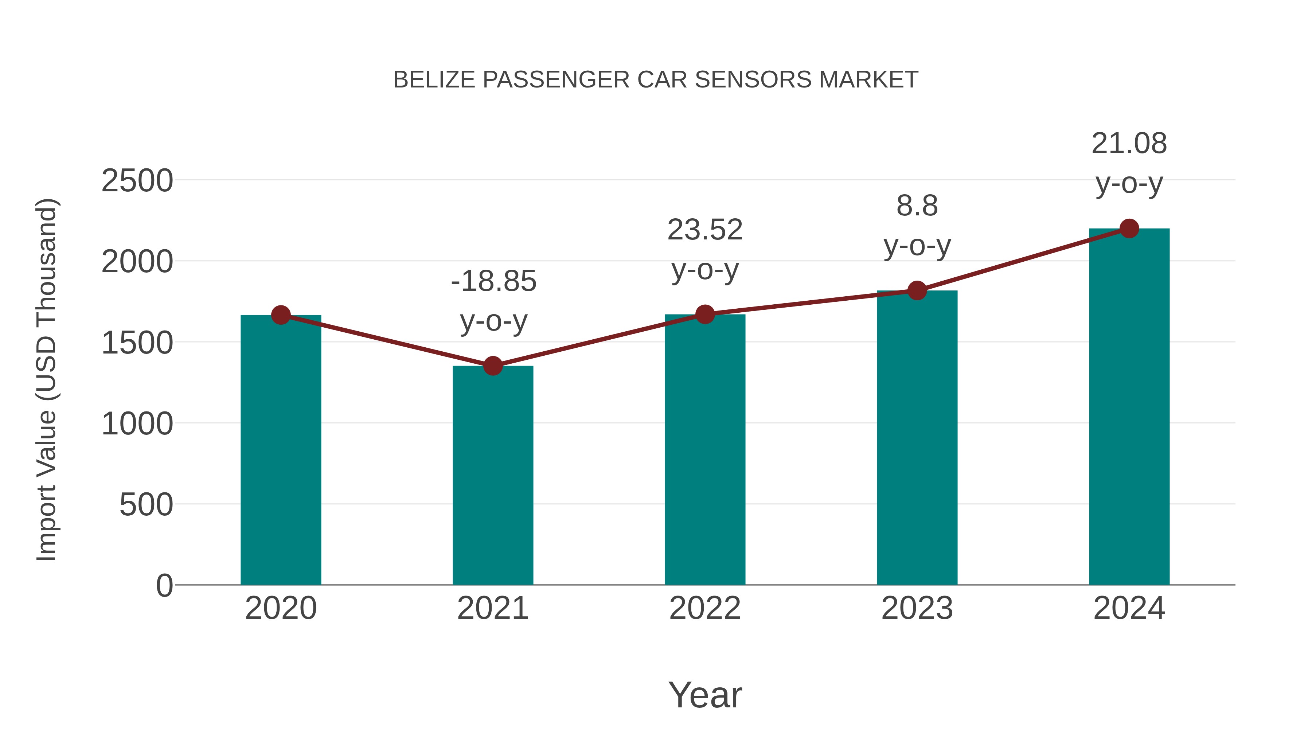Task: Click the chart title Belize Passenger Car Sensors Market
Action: pos(656,80)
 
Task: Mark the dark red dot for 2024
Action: pos(1129,229)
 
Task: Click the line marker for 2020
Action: pos(281,315)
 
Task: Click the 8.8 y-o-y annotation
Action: pos(917,226)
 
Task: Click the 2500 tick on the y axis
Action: pos(137,181)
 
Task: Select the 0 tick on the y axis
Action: pos(164,586)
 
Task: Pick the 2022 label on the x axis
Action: pos(705,608)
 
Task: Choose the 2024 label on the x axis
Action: pos(1129,608)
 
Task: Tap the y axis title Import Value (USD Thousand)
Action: pos(47,379)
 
